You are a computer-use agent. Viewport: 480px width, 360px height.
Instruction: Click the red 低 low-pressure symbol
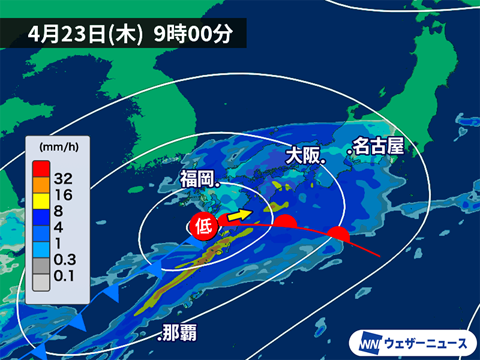coord(203,226)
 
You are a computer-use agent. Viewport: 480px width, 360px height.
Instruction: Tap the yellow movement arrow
coord(240,214)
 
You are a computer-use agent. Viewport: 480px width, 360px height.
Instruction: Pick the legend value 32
coord(64,178)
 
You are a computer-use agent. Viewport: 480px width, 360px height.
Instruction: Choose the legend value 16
coord(64,194)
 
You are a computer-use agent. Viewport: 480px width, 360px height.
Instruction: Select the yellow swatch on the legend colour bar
coord(40,202)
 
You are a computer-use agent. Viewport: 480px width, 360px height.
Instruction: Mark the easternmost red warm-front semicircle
coord(338,233)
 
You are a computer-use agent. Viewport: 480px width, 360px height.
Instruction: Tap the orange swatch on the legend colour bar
coord(40,184)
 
